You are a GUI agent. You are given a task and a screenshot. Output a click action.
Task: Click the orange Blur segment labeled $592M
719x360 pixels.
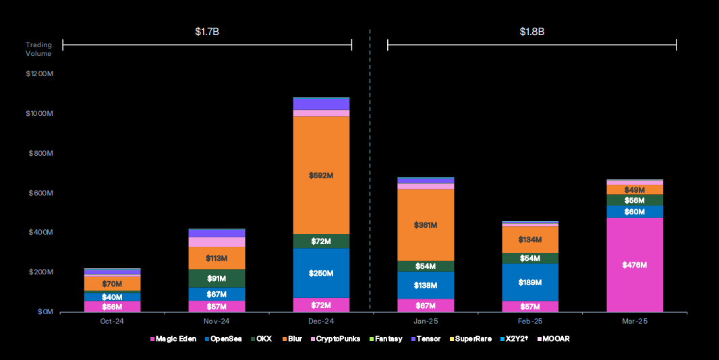[x=322, y=175]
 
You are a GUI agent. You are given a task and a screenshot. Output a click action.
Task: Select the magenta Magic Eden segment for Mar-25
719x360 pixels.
[x=635, y=265]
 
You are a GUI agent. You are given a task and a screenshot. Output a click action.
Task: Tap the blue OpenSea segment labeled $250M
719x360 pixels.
[x=322, y=273]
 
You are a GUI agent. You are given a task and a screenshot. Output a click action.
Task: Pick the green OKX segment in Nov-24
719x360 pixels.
[x=217, y=278]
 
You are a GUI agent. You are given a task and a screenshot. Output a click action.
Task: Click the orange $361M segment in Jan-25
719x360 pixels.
[x=426, y=224]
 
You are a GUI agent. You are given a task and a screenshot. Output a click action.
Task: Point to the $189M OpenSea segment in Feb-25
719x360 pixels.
[x=530, y=282]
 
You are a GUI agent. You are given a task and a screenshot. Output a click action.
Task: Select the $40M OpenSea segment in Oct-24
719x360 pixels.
[x=112, y=297]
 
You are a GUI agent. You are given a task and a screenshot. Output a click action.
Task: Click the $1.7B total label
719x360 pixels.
[x=206, y=31]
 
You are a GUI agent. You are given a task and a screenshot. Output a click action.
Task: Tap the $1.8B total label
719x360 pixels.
[x=531, y=31]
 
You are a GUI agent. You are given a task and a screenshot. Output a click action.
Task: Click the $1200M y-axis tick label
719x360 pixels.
[x=40, y=73]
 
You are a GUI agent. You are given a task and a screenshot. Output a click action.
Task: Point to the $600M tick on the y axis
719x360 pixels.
[x=41, y=193]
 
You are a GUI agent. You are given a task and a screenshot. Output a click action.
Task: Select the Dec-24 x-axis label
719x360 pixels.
[x=321, y=321]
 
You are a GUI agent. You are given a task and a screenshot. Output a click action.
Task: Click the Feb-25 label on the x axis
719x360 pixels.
[x=530, y=321]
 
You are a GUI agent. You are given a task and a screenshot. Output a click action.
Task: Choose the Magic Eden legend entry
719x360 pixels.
[x=175, y=338]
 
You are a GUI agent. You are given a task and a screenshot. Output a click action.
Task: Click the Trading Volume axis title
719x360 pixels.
[x=38, y=49]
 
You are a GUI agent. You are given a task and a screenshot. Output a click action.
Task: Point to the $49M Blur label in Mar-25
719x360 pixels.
[x=635, y=190]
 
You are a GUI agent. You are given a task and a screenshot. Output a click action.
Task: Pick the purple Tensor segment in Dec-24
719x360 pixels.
[x=322, y=104]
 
